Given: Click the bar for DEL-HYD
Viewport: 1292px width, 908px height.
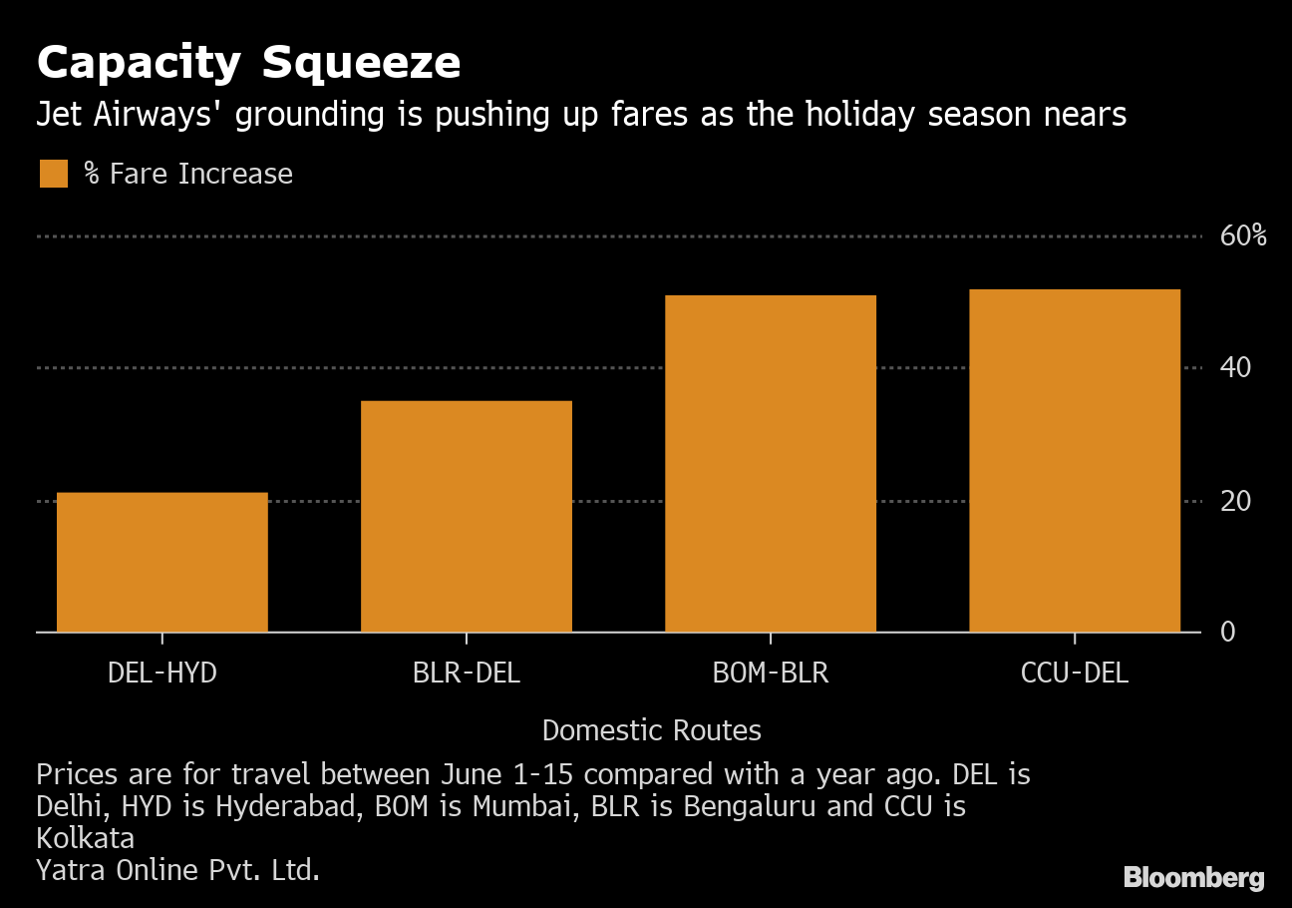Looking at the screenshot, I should (162, 562).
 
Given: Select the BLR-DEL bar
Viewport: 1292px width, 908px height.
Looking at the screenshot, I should (467, 516).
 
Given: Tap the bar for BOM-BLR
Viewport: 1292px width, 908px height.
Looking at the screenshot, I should (771, 463).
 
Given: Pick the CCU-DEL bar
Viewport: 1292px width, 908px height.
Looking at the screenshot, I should (1075, 460).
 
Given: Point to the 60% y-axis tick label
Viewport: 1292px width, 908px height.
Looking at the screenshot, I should (1243, 236).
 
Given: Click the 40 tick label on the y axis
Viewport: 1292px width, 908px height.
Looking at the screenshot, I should (1236, 368).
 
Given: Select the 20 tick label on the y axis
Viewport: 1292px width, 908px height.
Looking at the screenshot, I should (1236, 501).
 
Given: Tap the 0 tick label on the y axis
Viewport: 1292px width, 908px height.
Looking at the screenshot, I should (1228, 633).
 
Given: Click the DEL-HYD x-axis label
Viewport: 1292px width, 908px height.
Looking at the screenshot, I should (162, 674).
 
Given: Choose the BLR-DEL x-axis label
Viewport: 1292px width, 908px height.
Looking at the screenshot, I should (467, 674).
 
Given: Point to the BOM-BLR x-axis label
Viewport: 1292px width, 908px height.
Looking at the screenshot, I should (771, 674).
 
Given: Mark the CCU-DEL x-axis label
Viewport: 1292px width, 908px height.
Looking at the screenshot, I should (1075, 674).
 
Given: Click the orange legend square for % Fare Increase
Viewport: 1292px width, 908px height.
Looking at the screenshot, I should (53, 174).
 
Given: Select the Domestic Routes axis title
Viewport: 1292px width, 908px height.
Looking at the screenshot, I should (652, 731).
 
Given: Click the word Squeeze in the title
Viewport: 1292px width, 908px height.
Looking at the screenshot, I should (361, 64).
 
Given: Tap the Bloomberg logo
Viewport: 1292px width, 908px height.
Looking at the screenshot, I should (1193, 878).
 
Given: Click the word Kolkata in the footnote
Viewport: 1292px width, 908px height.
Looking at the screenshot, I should (86, 838).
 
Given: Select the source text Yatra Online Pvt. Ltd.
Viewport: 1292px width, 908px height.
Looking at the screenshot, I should (177, 870).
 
